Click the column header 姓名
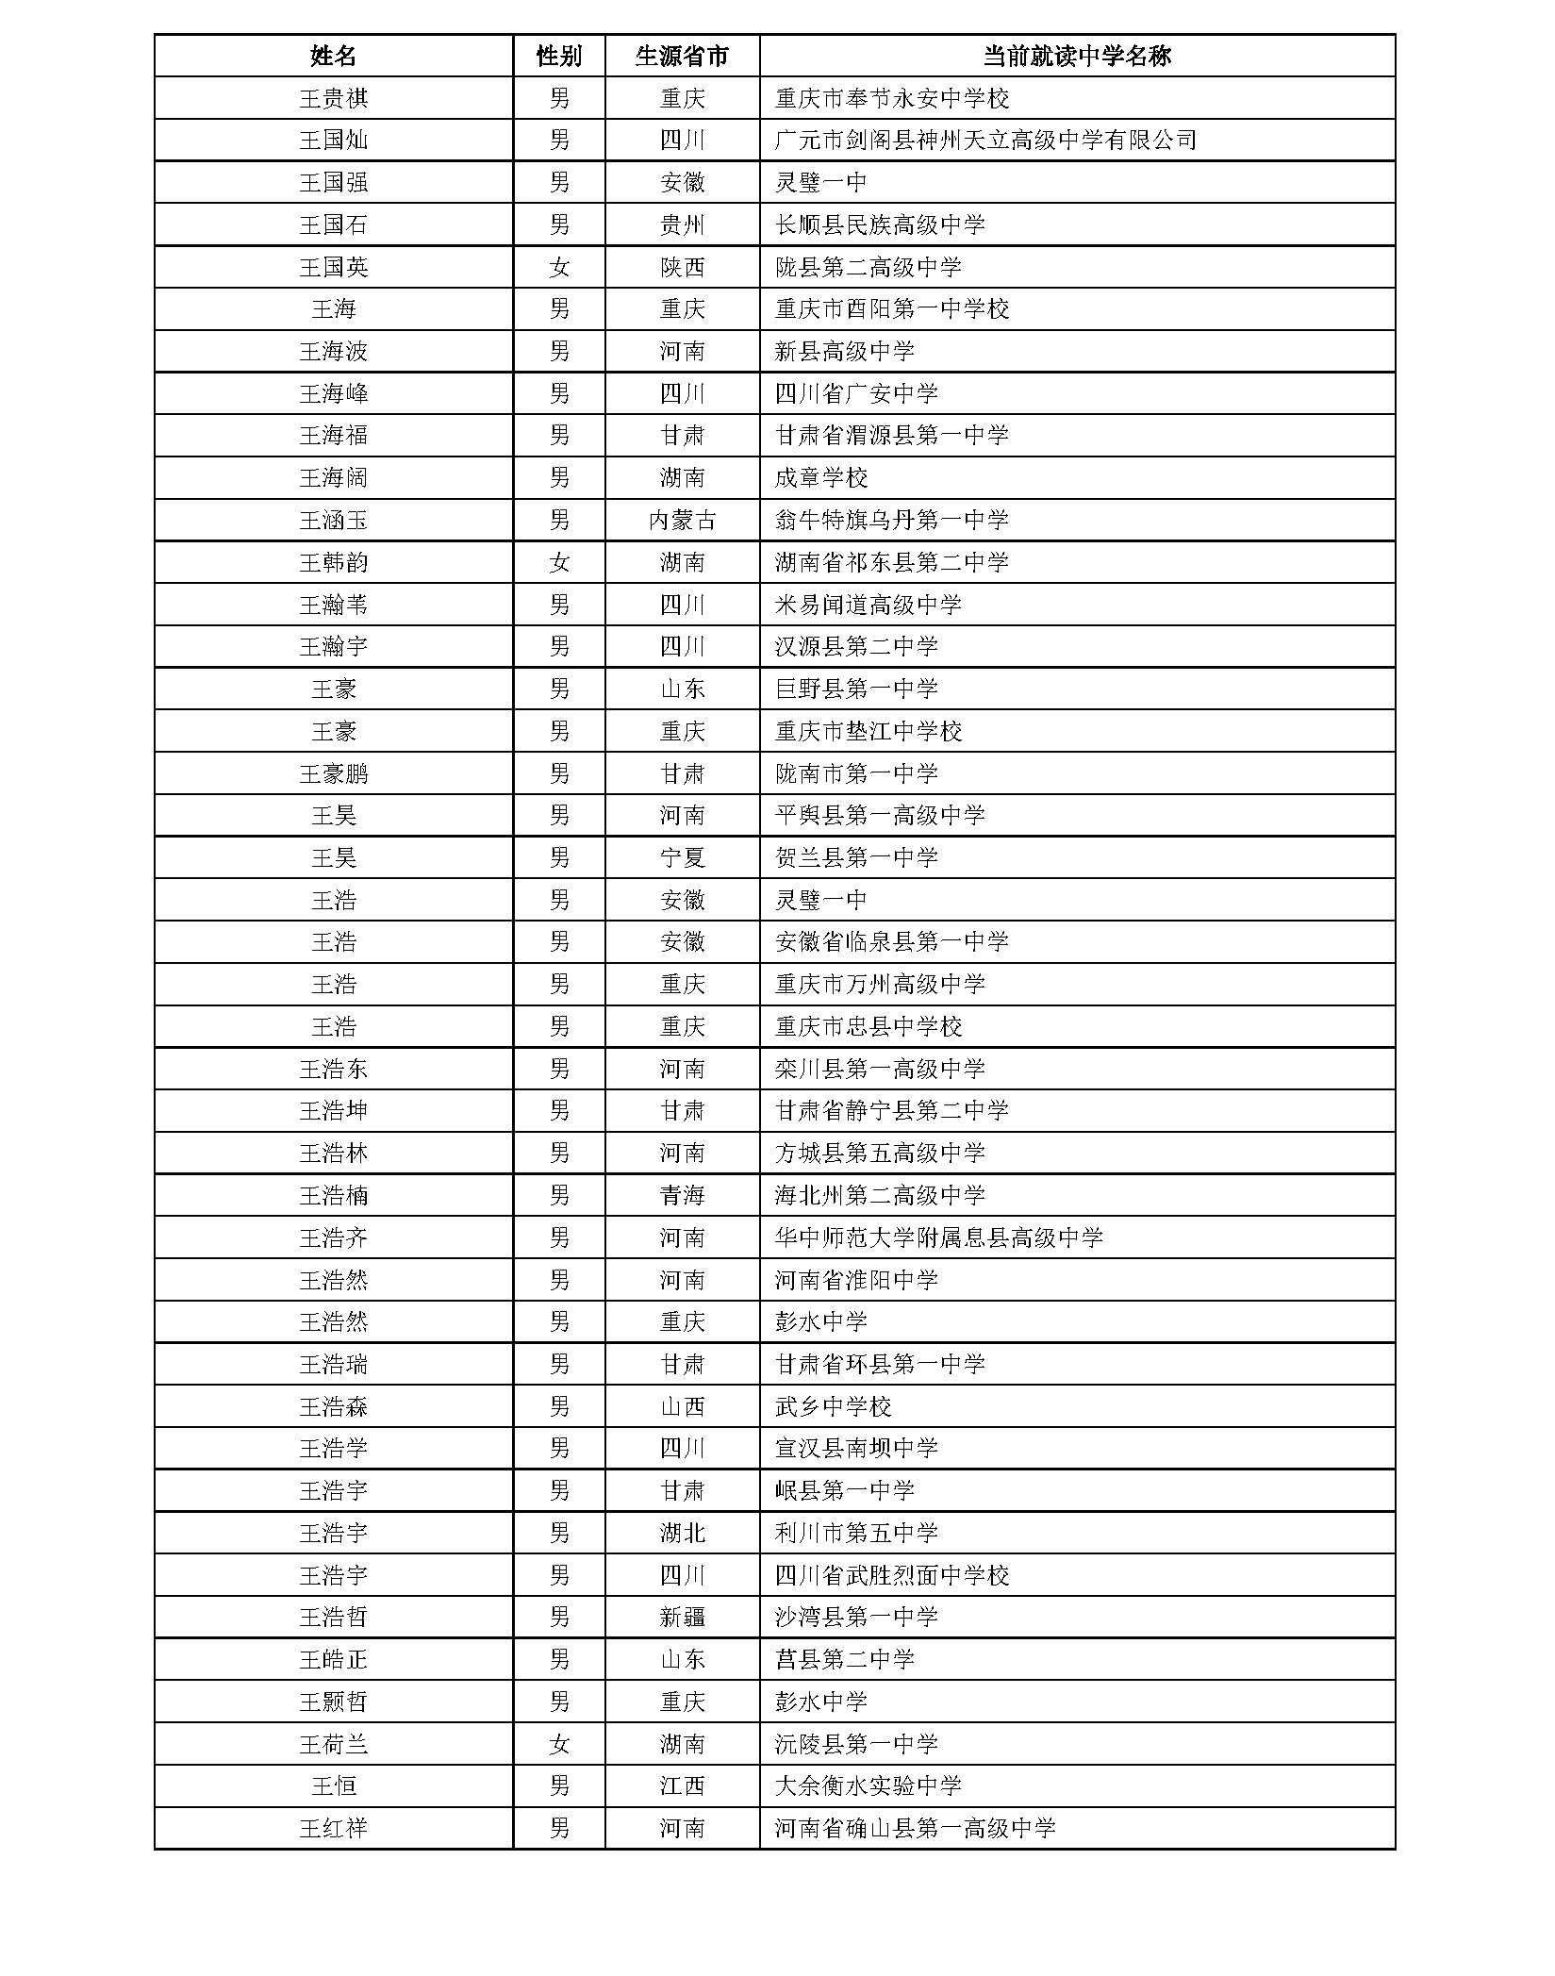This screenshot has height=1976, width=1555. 333,56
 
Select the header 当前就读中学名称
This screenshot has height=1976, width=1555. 1076,56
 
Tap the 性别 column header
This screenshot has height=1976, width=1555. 558,56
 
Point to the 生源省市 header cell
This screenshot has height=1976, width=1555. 682,56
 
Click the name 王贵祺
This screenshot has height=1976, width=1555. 333,98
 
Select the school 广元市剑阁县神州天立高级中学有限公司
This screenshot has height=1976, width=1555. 985,141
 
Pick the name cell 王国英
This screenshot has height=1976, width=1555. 333,267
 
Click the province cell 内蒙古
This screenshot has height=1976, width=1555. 682,520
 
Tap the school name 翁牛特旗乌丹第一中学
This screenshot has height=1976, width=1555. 891,520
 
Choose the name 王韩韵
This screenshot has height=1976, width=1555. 333,562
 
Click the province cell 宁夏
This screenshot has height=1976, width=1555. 682,857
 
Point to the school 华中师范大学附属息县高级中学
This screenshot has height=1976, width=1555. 938,1237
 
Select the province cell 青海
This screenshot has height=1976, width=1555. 682,1195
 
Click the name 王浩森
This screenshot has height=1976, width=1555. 333,1406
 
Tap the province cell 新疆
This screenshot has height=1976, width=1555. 682,1617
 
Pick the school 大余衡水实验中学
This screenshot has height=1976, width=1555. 868,1785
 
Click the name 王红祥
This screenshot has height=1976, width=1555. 333,1828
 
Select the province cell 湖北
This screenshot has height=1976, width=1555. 682,1533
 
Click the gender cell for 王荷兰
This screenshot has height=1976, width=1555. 558,1744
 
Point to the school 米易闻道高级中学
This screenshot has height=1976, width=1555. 868,605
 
